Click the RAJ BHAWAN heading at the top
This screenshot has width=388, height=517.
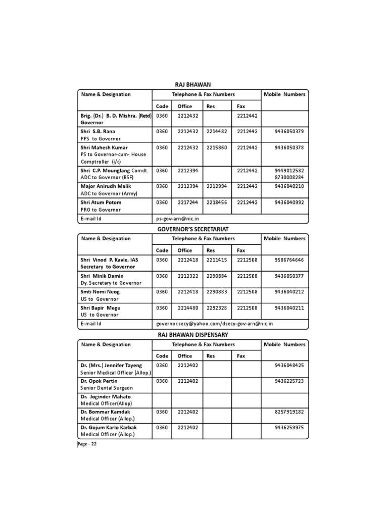(192, 84)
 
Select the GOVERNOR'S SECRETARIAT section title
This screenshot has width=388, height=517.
(192, 229)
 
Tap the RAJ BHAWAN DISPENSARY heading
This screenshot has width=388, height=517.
(192, 335)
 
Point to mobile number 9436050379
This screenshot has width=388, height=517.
(289, 131)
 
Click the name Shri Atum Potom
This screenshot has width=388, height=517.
(101, 202)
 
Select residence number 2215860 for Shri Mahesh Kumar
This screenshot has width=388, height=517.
(217, 147)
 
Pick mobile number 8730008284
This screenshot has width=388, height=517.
(289, 178)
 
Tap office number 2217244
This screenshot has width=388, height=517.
(188, 202)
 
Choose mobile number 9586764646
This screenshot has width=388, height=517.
(289, 260)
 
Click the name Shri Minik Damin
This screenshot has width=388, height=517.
(103, 276)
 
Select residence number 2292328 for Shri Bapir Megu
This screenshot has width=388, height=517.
(217, 307)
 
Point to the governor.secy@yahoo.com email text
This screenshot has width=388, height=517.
(184, 324)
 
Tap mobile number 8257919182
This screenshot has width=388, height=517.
(289, 412)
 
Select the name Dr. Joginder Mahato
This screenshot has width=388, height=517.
(105, 397)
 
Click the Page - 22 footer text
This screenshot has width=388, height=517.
(87, 444)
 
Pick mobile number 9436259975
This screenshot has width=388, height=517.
(289, 428)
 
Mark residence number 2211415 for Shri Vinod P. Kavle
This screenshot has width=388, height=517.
(217, 260)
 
